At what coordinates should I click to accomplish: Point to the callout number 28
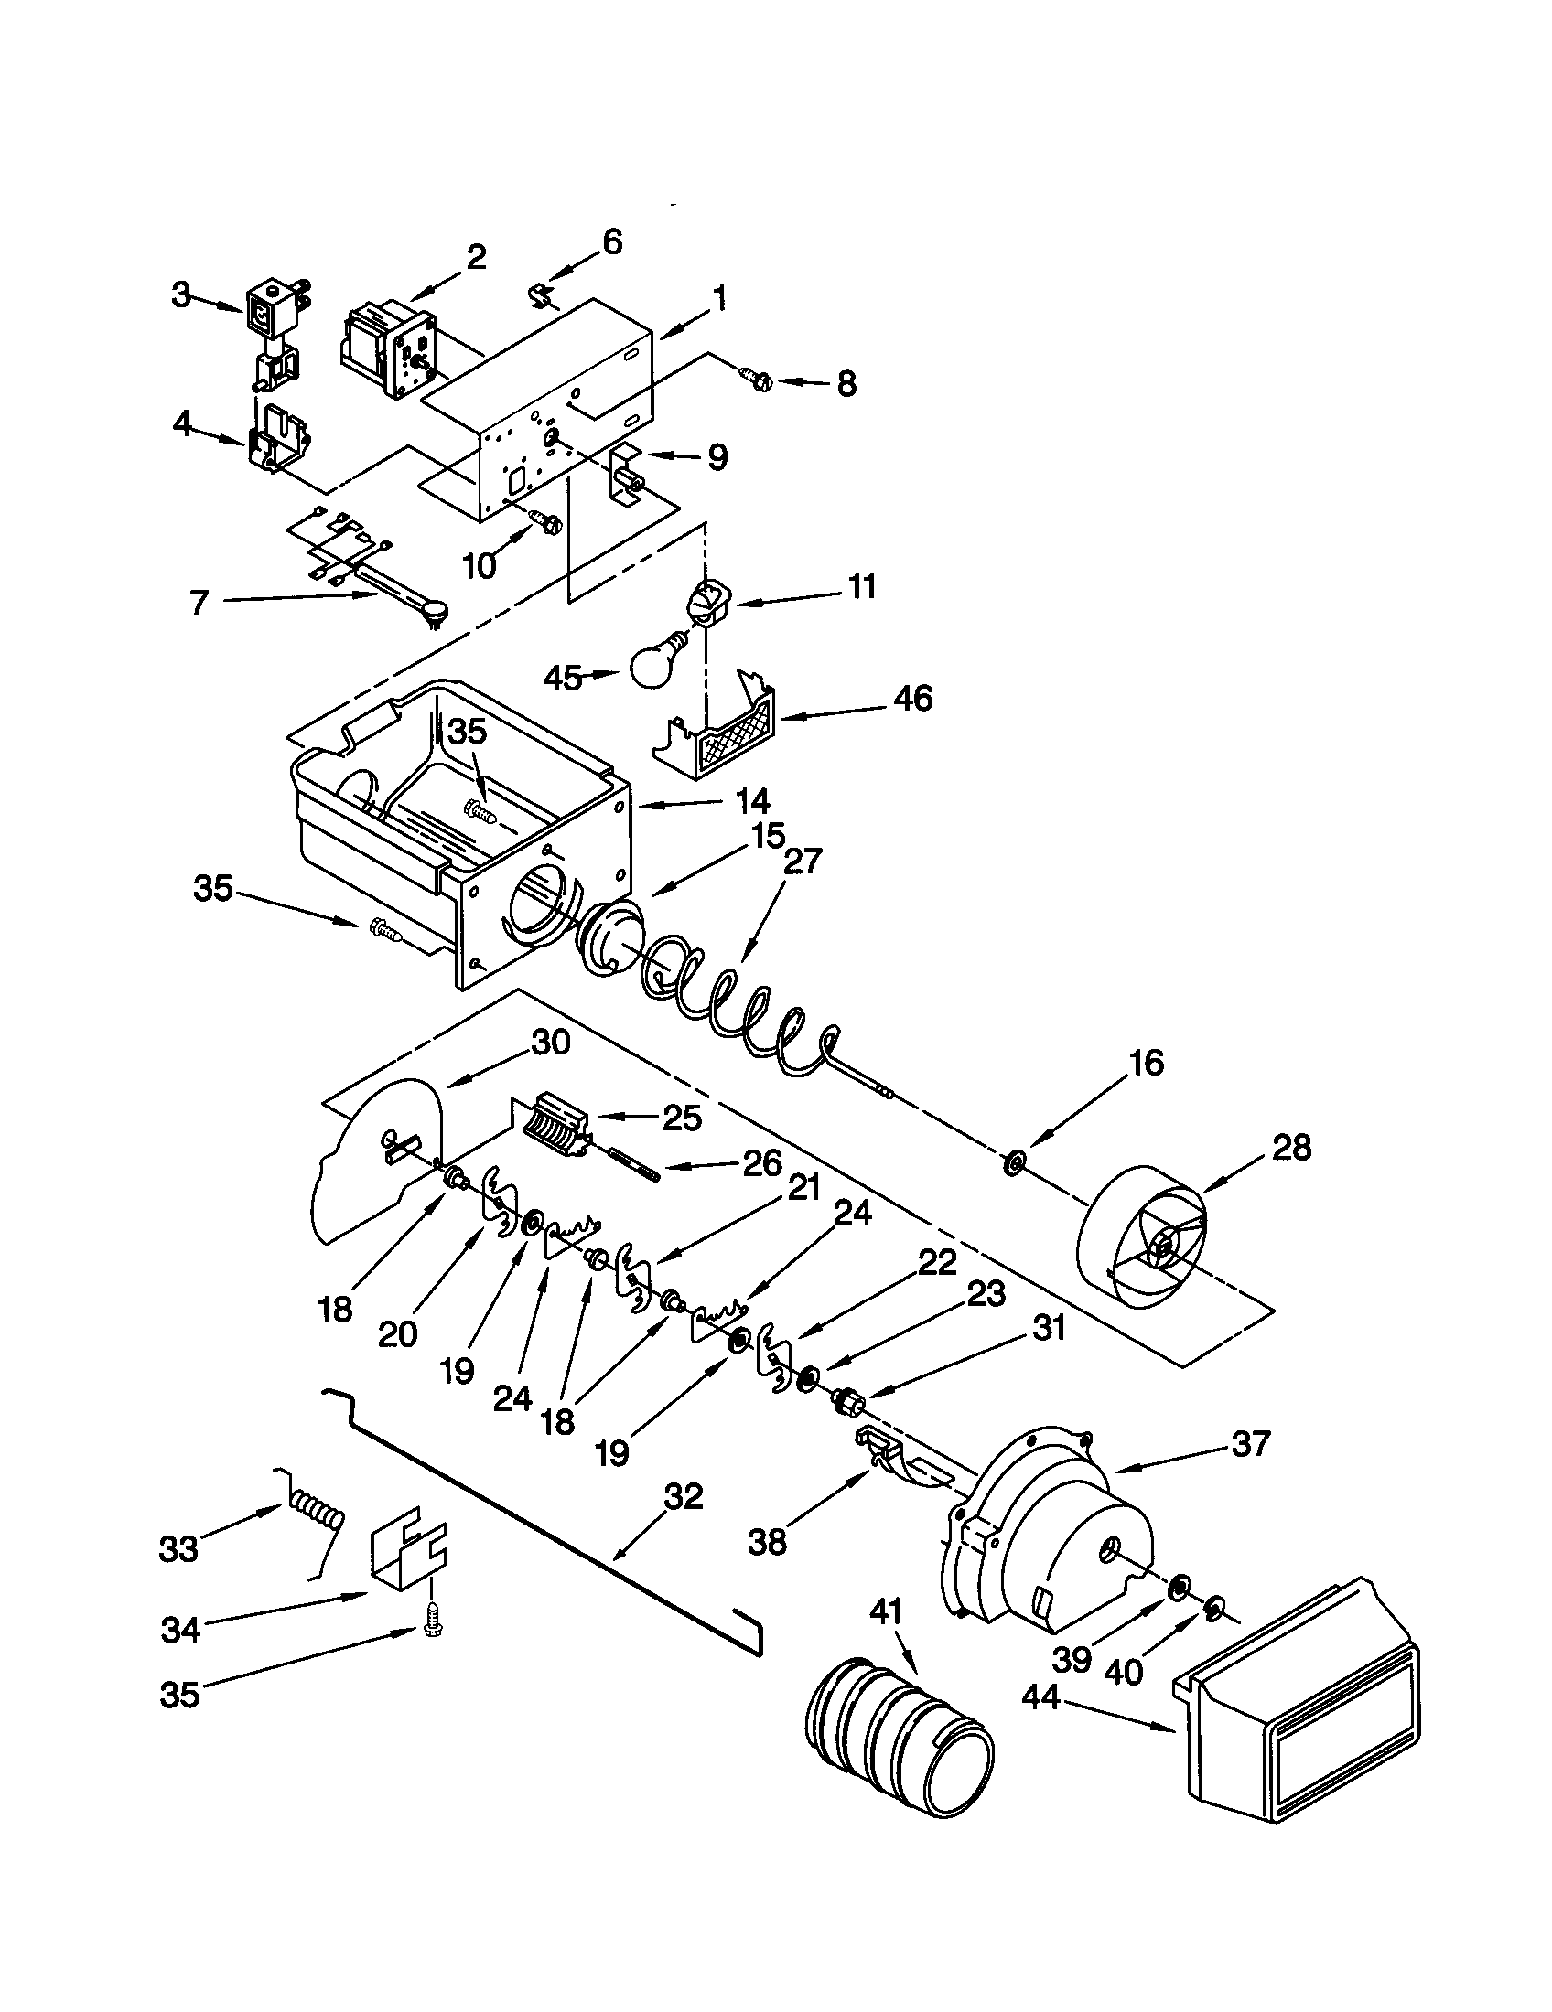[x=1291, y=1148]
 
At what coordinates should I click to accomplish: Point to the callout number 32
[x=683, y=1496]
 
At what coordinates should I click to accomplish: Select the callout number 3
[x=180, y=294]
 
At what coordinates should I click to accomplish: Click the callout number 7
[x=199, y=603]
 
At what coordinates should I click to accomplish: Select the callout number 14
[x=751, y=800]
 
